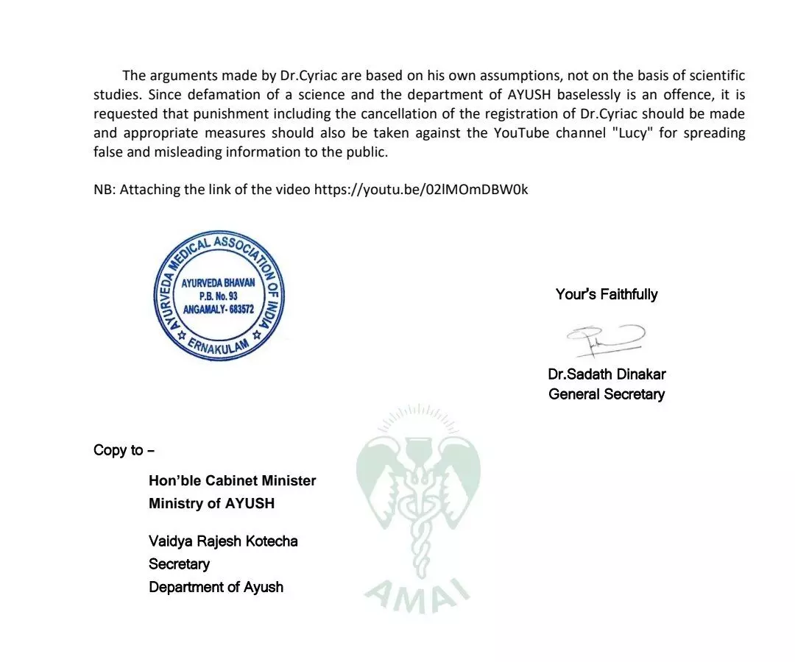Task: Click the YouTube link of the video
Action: click(421, 189)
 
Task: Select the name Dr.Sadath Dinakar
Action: click(607, 374)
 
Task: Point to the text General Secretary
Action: click(607, 394)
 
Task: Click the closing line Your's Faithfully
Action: click(607, 294)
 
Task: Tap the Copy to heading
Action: click(124, 450)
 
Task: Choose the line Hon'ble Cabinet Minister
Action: click(232, 480)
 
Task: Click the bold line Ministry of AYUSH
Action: click(211, 503)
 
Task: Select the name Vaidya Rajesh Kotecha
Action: click(223, 541)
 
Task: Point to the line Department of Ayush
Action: click(216, 587)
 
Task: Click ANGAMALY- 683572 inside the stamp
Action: click(218, 310)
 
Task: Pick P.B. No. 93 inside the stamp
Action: click(218, 296)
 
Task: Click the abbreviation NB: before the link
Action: click(105, 189)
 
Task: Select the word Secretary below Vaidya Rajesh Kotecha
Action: click(179, 564)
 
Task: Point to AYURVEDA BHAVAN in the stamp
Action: click(218, 282)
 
